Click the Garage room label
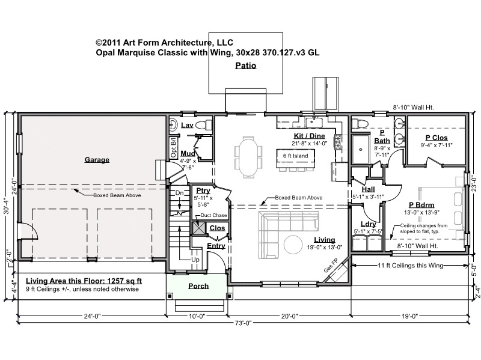[x=97, y=160]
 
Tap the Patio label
[x=246, y=66]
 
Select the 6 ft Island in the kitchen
[x=296, y=158]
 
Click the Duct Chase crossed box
[x=199, y=228]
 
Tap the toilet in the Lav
[x=204, y=125]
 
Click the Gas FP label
[x=330, y=266]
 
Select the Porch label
[x=198, y=286]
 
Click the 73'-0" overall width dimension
[x=243, y=323]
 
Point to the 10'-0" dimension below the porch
[x=197, y=316]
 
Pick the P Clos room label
[x=437, y=138]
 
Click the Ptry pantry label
[x=203, y=191]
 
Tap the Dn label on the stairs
[x=179, y=193]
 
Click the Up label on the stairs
[x=195, y=260]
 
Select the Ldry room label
[x=368, y=224]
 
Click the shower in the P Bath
[x=360, y=149]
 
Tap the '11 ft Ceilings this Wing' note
[x=411, y=266]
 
